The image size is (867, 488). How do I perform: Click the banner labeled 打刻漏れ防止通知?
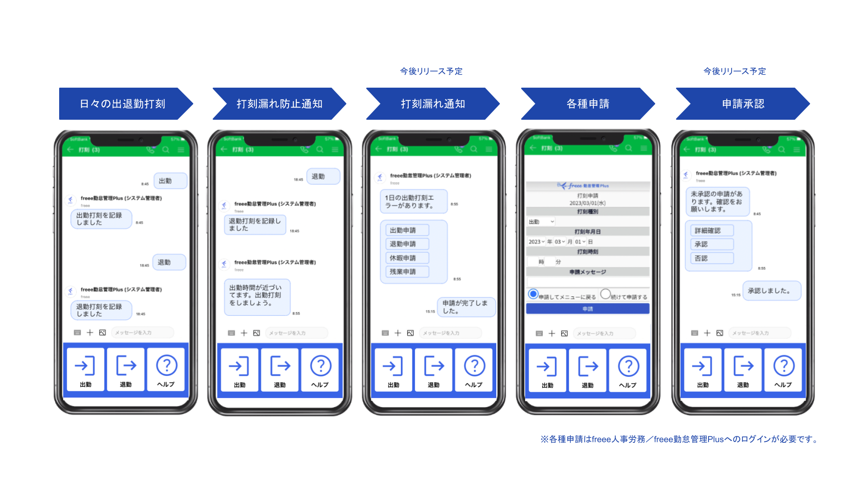(279, 104)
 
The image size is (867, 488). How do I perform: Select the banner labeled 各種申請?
(587, 104)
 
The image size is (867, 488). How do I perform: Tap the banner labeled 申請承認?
(743, 104)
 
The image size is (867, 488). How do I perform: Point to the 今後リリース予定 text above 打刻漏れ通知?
(431, 71)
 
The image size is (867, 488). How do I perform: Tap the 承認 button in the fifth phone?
(709, 244)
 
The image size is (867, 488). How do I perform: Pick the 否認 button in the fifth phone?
(709, 258)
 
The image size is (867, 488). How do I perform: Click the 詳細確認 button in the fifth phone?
(709, 230)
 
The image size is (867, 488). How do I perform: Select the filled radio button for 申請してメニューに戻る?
(533, 294)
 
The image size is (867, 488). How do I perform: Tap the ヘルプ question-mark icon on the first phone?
(167, 366)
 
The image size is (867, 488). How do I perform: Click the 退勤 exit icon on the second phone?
(280, 366)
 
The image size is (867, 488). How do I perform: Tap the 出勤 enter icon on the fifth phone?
(702, 366)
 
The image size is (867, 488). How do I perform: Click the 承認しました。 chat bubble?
(771, 291)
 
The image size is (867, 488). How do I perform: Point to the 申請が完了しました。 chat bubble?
(466, 307)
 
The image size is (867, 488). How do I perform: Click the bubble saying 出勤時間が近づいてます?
(256, 296)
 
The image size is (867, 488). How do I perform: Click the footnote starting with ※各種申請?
(680, 439)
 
